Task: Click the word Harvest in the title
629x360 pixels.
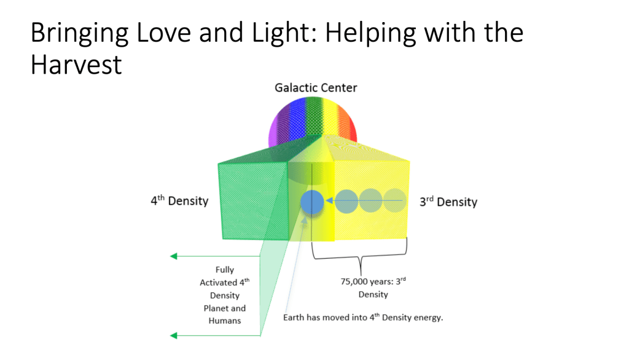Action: (x=76, y=64)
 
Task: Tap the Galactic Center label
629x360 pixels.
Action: (x=315, y=88)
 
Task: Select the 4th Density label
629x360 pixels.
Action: (x=179, y=201)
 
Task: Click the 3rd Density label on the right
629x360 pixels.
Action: (x=448, y=202)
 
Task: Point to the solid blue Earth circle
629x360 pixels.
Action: (x=312, y=201)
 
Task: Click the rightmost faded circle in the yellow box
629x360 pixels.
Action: (x=395, y=201)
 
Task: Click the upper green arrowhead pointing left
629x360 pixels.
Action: (x=174, y=256)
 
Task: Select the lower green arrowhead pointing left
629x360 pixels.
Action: (x=174, y=335)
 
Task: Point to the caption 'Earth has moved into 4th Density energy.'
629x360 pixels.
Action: (x=363, y=318)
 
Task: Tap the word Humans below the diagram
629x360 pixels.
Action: (x=225, y=321)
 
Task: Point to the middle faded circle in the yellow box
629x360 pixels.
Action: (x=371, y=201)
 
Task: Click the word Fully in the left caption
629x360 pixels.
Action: (x=225, y=270)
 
